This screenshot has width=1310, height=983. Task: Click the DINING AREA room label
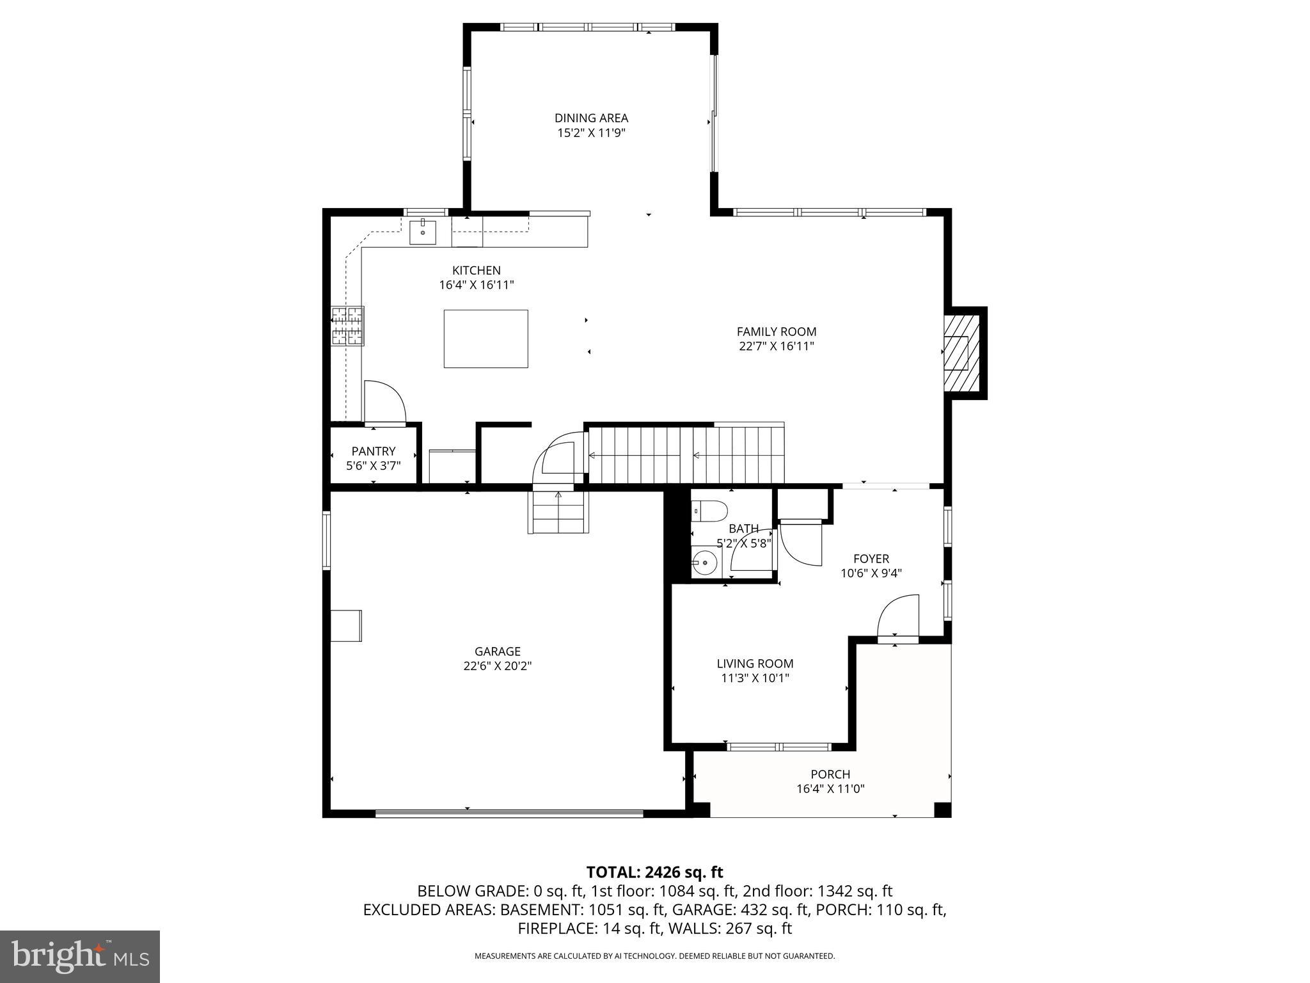pos(590,118)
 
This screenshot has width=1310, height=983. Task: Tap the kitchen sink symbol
pos(423,232)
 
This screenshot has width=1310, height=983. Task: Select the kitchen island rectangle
pos(485,339)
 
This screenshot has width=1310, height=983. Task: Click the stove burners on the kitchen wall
pos(347,326)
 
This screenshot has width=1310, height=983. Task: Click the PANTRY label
pos(373,451)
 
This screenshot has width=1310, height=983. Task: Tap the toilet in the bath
pos(710,511)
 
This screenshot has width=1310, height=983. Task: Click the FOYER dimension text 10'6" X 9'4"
pos(871,573)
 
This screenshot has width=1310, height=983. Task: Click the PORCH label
pos(830,774)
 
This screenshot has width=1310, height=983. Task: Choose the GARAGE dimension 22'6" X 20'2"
pos(497,666)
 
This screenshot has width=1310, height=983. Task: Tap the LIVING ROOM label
pos(755,664)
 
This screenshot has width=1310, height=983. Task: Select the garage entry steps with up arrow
pos(558,512)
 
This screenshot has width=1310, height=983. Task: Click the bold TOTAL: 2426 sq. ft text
pos(654,872)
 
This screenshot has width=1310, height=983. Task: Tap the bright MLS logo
pos(80,956)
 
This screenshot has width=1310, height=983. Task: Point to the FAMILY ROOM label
pos(776,332)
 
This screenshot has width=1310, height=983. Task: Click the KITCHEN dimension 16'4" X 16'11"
pos(476,285)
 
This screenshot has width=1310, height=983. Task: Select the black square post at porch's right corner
pos(942,810)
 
